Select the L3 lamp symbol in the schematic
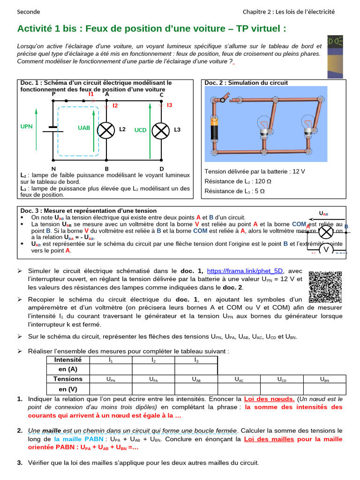tap(161, 130)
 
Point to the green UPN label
tap(27, 127)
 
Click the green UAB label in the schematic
tap(84, 127)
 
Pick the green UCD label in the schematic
tap(141, 130)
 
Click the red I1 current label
tap(91, 94)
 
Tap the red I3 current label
tap(170, 105)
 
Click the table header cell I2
tap(153, 360)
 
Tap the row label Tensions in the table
tap(68, 379)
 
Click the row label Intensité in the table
tap(68, 360)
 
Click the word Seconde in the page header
tap(29, 12)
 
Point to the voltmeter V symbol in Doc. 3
tap(325, 250)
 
